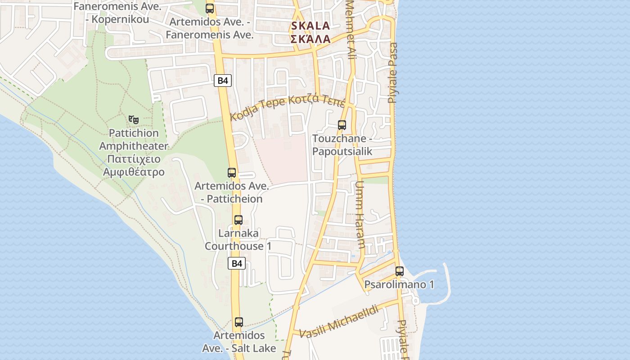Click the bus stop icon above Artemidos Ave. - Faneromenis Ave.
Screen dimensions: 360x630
(x=210, y=8)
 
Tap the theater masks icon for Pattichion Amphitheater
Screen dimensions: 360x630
(x=133, y=119)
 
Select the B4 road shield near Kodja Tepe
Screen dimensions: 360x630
(x=223, y=81)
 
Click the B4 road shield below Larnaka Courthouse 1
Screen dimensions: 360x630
(x=237, y=263)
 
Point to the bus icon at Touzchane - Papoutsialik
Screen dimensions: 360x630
(x=342, y=125)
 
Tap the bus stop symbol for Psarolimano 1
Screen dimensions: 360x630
(x=400, y=271)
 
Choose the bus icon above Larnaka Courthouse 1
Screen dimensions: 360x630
(x=238, y=220)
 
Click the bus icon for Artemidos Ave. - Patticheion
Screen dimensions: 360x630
(x=232, y=173)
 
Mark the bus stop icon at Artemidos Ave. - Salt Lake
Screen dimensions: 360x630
(x=239, y=322)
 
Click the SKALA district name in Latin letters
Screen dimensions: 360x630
(x=310, y=26)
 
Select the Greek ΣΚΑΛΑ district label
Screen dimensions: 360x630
(x=310, y=39)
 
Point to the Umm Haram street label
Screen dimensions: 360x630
(x=360, y=215)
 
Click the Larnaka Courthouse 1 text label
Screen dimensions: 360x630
(x=238, y=240)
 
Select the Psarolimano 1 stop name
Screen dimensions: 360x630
(x=399, y=285)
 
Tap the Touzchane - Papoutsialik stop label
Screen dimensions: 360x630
(x=342, y=145)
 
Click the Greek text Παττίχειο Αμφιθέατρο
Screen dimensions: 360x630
(x=134, y=165)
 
